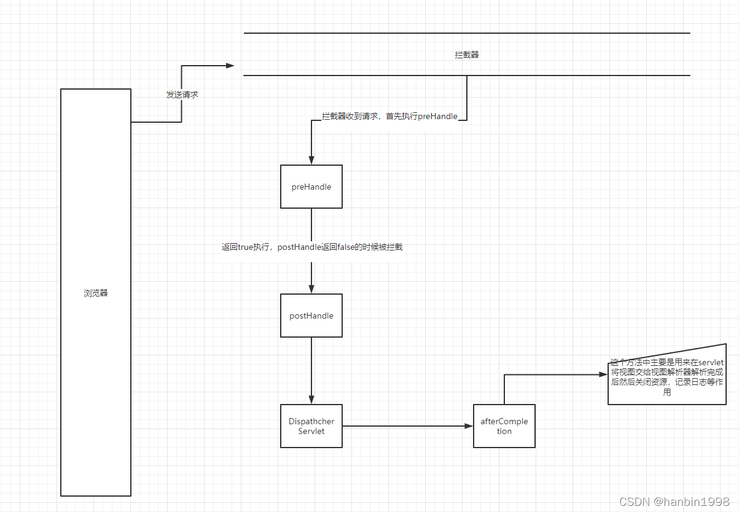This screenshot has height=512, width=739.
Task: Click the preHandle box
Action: point(311,187)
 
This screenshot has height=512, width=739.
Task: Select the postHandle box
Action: point(311,316)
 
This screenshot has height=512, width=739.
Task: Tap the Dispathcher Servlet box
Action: point(311,426)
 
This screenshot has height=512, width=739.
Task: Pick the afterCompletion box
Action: point(504,426)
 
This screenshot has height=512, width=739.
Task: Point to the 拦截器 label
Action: point(467,55)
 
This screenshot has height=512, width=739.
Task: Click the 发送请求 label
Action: point(182,95)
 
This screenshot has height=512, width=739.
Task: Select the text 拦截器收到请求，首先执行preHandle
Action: point(389,116)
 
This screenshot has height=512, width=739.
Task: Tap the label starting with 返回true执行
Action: point(312,247)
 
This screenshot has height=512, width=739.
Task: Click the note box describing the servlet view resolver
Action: point(667,378)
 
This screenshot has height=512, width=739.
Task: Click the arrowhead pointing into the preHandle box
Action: point(311,161)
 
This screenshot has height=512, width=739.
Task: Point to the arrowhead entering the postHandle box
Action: point(311,290)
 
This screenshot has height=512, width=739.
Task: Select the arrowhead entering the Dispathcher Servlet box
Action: point(311,400)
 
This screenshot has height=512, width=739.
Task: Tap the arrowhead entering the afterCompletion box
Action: point(469,426)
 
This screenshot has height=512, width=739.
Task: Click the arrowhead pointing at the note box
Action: point(603,374)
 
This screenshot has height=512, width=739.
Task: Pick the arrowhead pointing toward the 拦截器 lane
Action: point(230,66)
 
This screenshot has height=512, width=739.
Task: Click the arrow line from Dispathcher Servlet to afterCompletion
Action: point(405,426)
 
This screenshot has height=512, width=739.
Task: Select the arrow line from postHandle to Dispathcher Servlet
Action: point(311,368)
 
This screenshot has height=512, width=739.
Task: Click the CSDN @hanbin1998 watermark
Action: point(674,502)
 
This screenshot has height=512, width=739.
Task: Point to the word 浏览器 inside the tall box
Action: point(96,293)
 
